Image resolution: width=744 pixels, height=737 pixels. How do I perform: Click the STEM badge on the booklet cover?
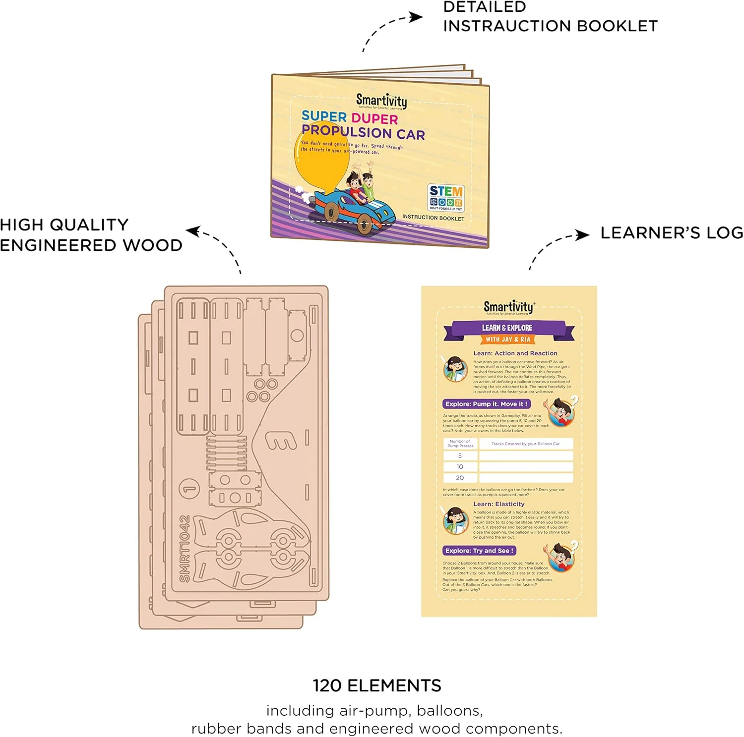(445, 198)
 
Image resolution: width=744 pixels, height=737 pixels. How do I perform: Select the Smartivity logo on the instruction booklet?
(381, 101)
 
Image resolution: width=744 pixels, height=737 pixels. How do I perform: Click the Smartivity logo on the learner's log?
(509, 307)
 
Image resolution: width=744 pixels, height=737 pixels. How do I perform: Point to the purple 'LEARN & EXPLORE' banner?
(507, 328)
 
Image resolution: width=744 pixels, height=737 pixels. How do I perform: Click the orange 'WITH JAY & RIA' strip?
(508, 340)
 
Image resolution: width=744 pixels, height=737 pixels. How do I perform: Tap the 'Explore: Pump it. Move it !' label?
(486, 404)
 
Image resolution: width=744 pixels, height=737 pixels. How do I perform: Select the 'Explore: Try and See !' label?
(479, 551)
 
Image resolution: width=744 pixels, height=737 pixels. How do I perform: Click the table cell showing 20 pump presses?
(460, 478)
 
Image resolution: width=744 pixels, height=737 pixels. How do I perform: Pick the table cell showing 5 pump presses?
(460, 455)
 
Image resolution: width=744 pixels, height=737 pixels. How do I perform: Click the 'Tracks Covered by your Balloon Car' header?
(525, 444)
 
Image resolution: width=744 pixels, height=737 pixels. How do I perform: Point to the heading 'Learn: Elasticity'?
(498, 504)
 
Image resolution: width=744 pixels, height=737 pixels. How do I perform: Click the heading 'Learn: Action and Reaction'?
(515, 353)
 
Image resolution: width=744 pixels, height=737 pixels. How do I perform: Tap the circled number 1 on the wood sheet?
(189, 489)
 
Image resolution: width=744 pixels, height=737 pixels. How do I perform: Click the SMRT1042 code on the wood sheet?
(185, 549)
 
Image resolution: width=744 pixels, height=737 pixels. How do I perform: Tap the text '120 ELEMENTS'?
(376, 685)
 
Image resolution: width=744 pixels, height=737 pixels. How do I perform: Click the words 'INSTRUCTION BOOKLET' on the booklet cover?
(433, 218)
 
